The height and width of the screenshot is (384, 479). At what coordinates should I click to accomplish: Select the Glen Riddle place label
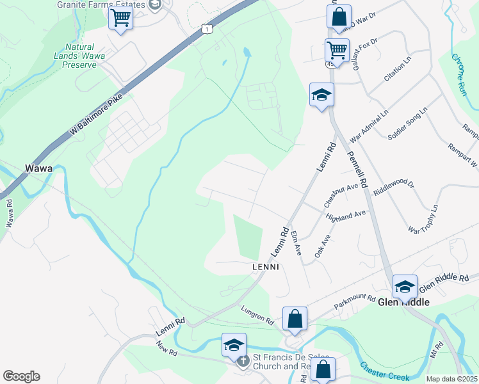[403, 302]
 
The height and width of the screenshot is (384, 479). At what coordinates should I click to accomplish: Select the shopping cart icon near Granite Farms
[120, 17]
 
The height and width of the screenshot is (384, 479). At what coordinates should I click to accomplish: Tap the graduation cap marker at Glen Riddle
[405, 286]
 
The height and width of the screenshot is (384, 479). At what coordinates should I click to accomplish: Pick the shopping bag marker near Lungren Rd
[295, 318]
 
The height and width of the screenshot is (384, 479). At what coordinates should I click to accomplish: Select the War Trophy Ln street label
[423, 219]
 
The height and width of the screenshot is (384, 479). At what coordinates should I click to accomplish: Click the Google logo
[21, 376]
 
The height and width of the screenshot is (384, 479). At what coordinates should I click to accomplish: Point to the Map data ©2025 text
[451, 379]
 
